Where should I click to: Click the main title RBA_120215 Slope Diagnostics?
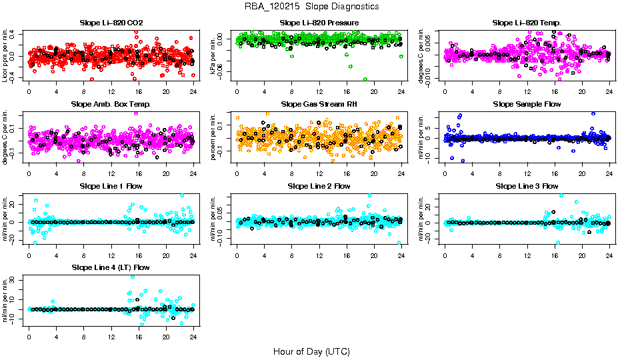pos(311,6)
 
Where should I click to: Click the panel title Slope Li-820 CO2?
pos(111,23)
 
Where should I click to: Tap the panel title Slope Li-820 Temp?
pos(527,23)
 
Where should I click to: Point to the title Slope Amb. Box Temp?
pos(111,105)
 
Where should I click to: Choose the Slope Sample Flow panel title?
pos(527,105)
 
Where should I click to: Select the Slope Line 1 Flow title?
pos(111,186)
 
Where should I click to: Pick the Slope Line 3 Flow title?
pos(527,186)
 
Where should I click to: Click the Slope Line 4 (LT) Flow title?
pos(111,267)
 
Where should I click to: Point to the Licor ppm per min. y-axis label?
pos(5,55)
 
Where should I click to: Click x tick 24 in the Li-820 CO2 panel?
pos(193,91)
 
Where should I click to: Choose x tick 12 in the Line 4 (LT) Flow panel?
pos(111,336)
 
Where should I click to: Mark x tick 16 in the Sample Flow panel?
pos(554,173)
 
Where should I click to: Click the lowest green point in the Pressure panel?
pos(365,79)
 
